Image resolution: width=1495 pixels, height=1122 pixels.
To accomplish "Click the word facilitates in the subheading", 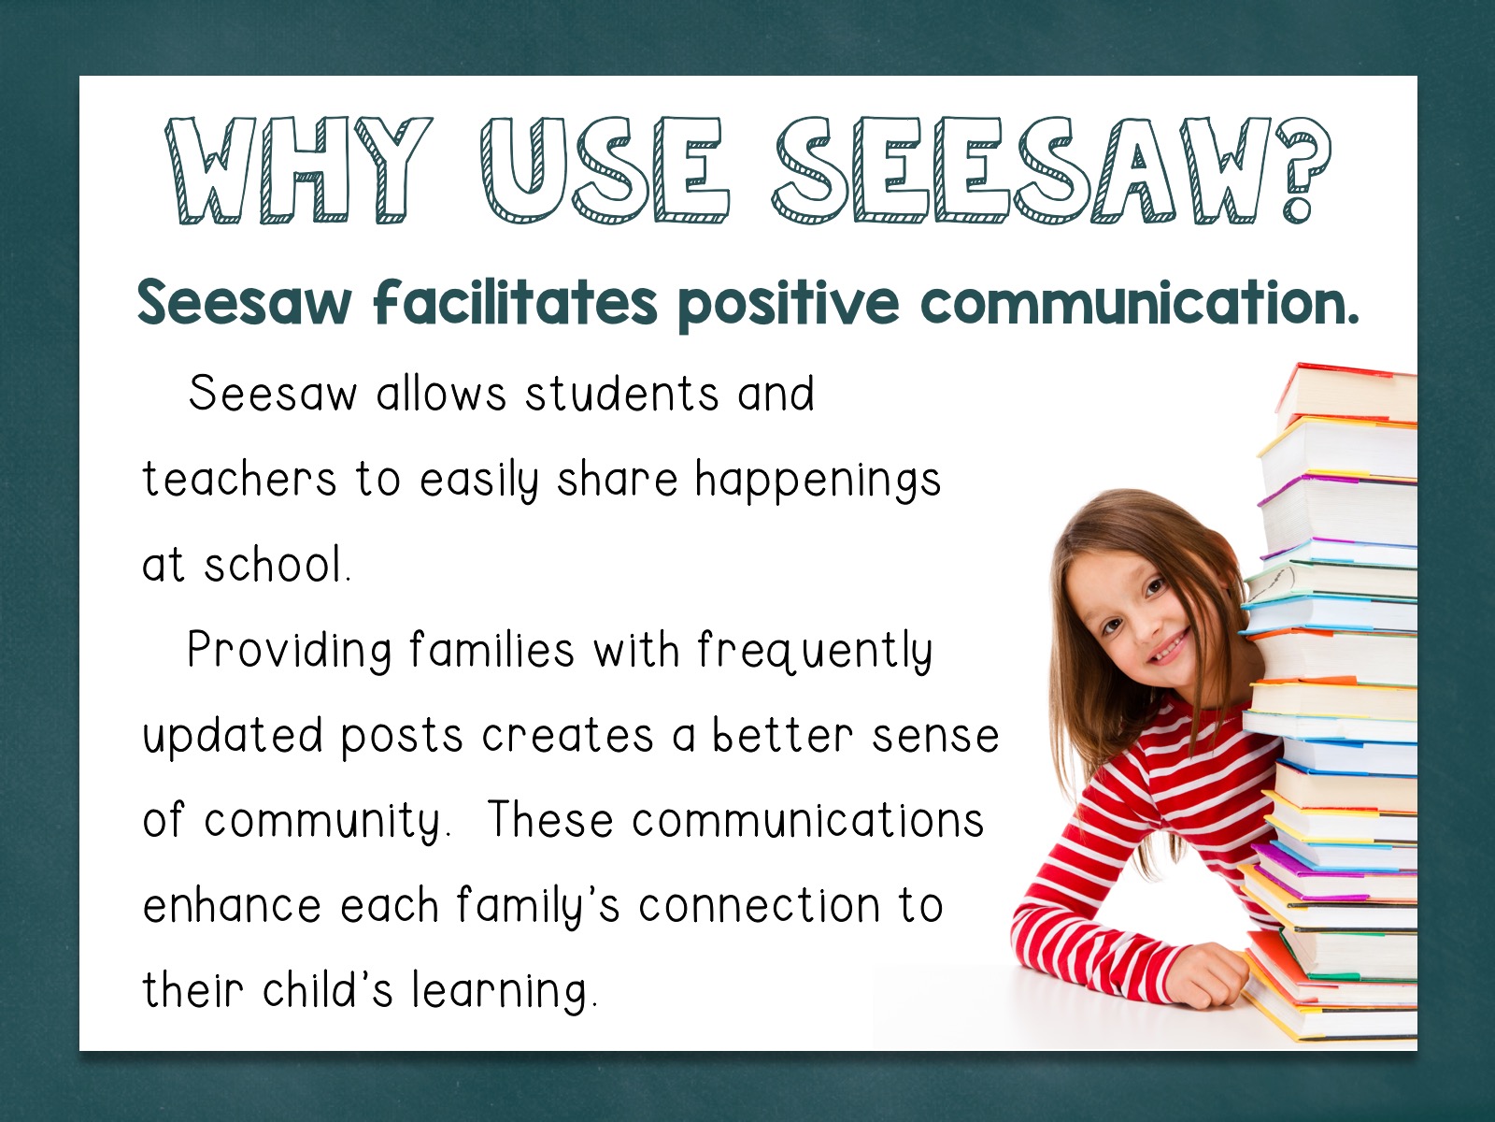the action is [516, 301].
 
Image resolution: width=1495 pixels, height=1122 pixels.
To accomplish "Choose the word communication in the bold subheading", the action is [1139, 302].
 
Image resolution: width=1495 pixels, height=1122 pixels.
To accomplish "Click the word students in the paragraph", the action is [622, 394].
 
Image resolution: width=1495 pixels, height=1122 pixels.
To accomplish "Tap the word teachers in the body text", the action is [239, 478].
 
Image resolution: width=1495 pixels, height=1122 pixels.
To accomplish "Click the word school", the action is [278, 564].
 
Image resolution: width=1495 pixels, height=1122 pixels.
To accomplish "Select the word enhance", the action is [232, 905].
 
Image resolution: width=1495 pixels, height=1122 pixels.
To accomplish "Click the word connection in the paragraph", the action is [760, 905].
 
